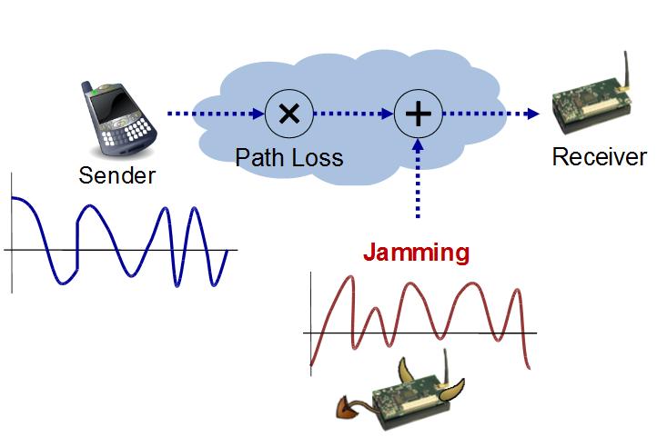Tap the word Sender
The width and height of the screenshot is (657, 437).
(116, 175)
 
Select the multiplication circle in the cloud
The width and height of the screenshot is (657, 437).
(288, 114)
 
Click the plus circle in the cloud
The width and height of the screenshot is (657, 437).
(418, 114)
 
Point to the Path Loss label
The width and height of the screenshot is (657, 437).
(289, 157)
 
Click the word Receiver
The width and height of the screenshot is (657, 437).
(600, 157)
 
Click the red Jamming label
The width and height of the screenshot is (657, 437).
(416, 253)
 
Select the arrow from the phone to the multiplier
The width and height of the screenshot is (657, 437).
(213, 114)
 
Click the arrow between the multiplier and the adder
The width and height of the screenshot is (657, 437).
(353, 114)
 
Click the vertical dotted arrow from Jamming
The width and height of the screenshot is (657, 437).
(418, 182)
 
